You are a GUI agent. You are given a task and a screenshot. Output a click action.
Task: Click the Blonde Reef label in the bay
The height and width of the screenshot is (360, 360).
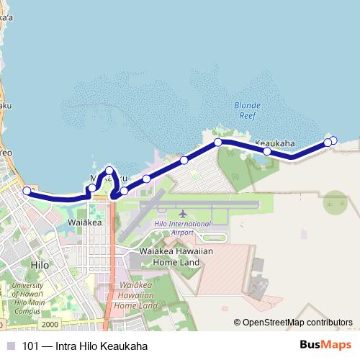(x=247, y=109)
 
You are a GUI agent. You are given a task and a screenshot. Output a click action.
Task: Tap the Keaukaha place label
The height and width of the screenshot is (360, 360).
(x=275, y=143)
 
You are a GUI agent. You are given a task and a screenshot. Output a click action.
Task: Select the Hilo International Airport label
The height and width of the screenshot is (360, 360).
(x=182, y=228)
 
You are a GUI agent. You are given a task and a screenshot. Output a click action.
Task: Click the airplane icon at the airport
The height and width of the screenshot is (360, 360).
(x=182, y=215)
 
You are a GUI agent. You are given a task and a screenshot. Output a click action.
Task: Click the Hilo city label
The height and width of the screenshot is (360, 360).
(x=40, y=265)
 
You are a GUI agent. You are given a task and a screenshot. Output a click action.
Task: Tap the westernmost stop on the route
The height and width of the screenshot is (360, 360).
(x=27, y=191)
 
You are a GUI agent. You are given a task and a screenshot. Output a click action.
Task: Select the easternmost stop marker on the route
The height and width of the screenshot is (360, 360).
(x=333, y=140)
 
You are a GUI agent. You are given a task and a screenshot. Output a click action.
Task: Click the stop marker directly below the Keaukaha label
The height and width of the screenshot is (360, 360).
(x=267, y=151)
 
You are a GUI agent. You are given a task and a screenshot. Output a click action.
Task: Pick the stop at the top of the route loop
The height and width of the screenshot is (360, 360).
(x=109, y=171)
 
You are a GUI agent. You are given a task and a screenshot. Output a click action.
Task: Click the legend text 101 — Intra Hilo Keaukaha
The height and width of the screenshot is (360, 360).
(x=85, y=346)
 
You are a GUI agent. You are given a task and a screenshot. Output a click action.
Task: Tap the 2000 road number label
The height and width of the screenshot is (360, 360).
(x=50, y=325)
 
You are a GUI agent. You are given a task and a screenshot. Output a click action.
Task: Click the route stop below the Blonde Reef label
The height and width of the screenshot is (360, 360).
(x=218, y=143)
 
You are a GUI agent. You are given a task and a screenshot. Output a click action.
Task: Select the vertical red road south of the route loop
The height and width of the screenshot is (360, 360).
(x=110, y=259)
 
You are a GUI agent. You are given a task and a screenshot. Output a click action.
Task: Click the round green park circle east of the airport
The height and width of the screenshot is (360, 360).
(x=335, y=202)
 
